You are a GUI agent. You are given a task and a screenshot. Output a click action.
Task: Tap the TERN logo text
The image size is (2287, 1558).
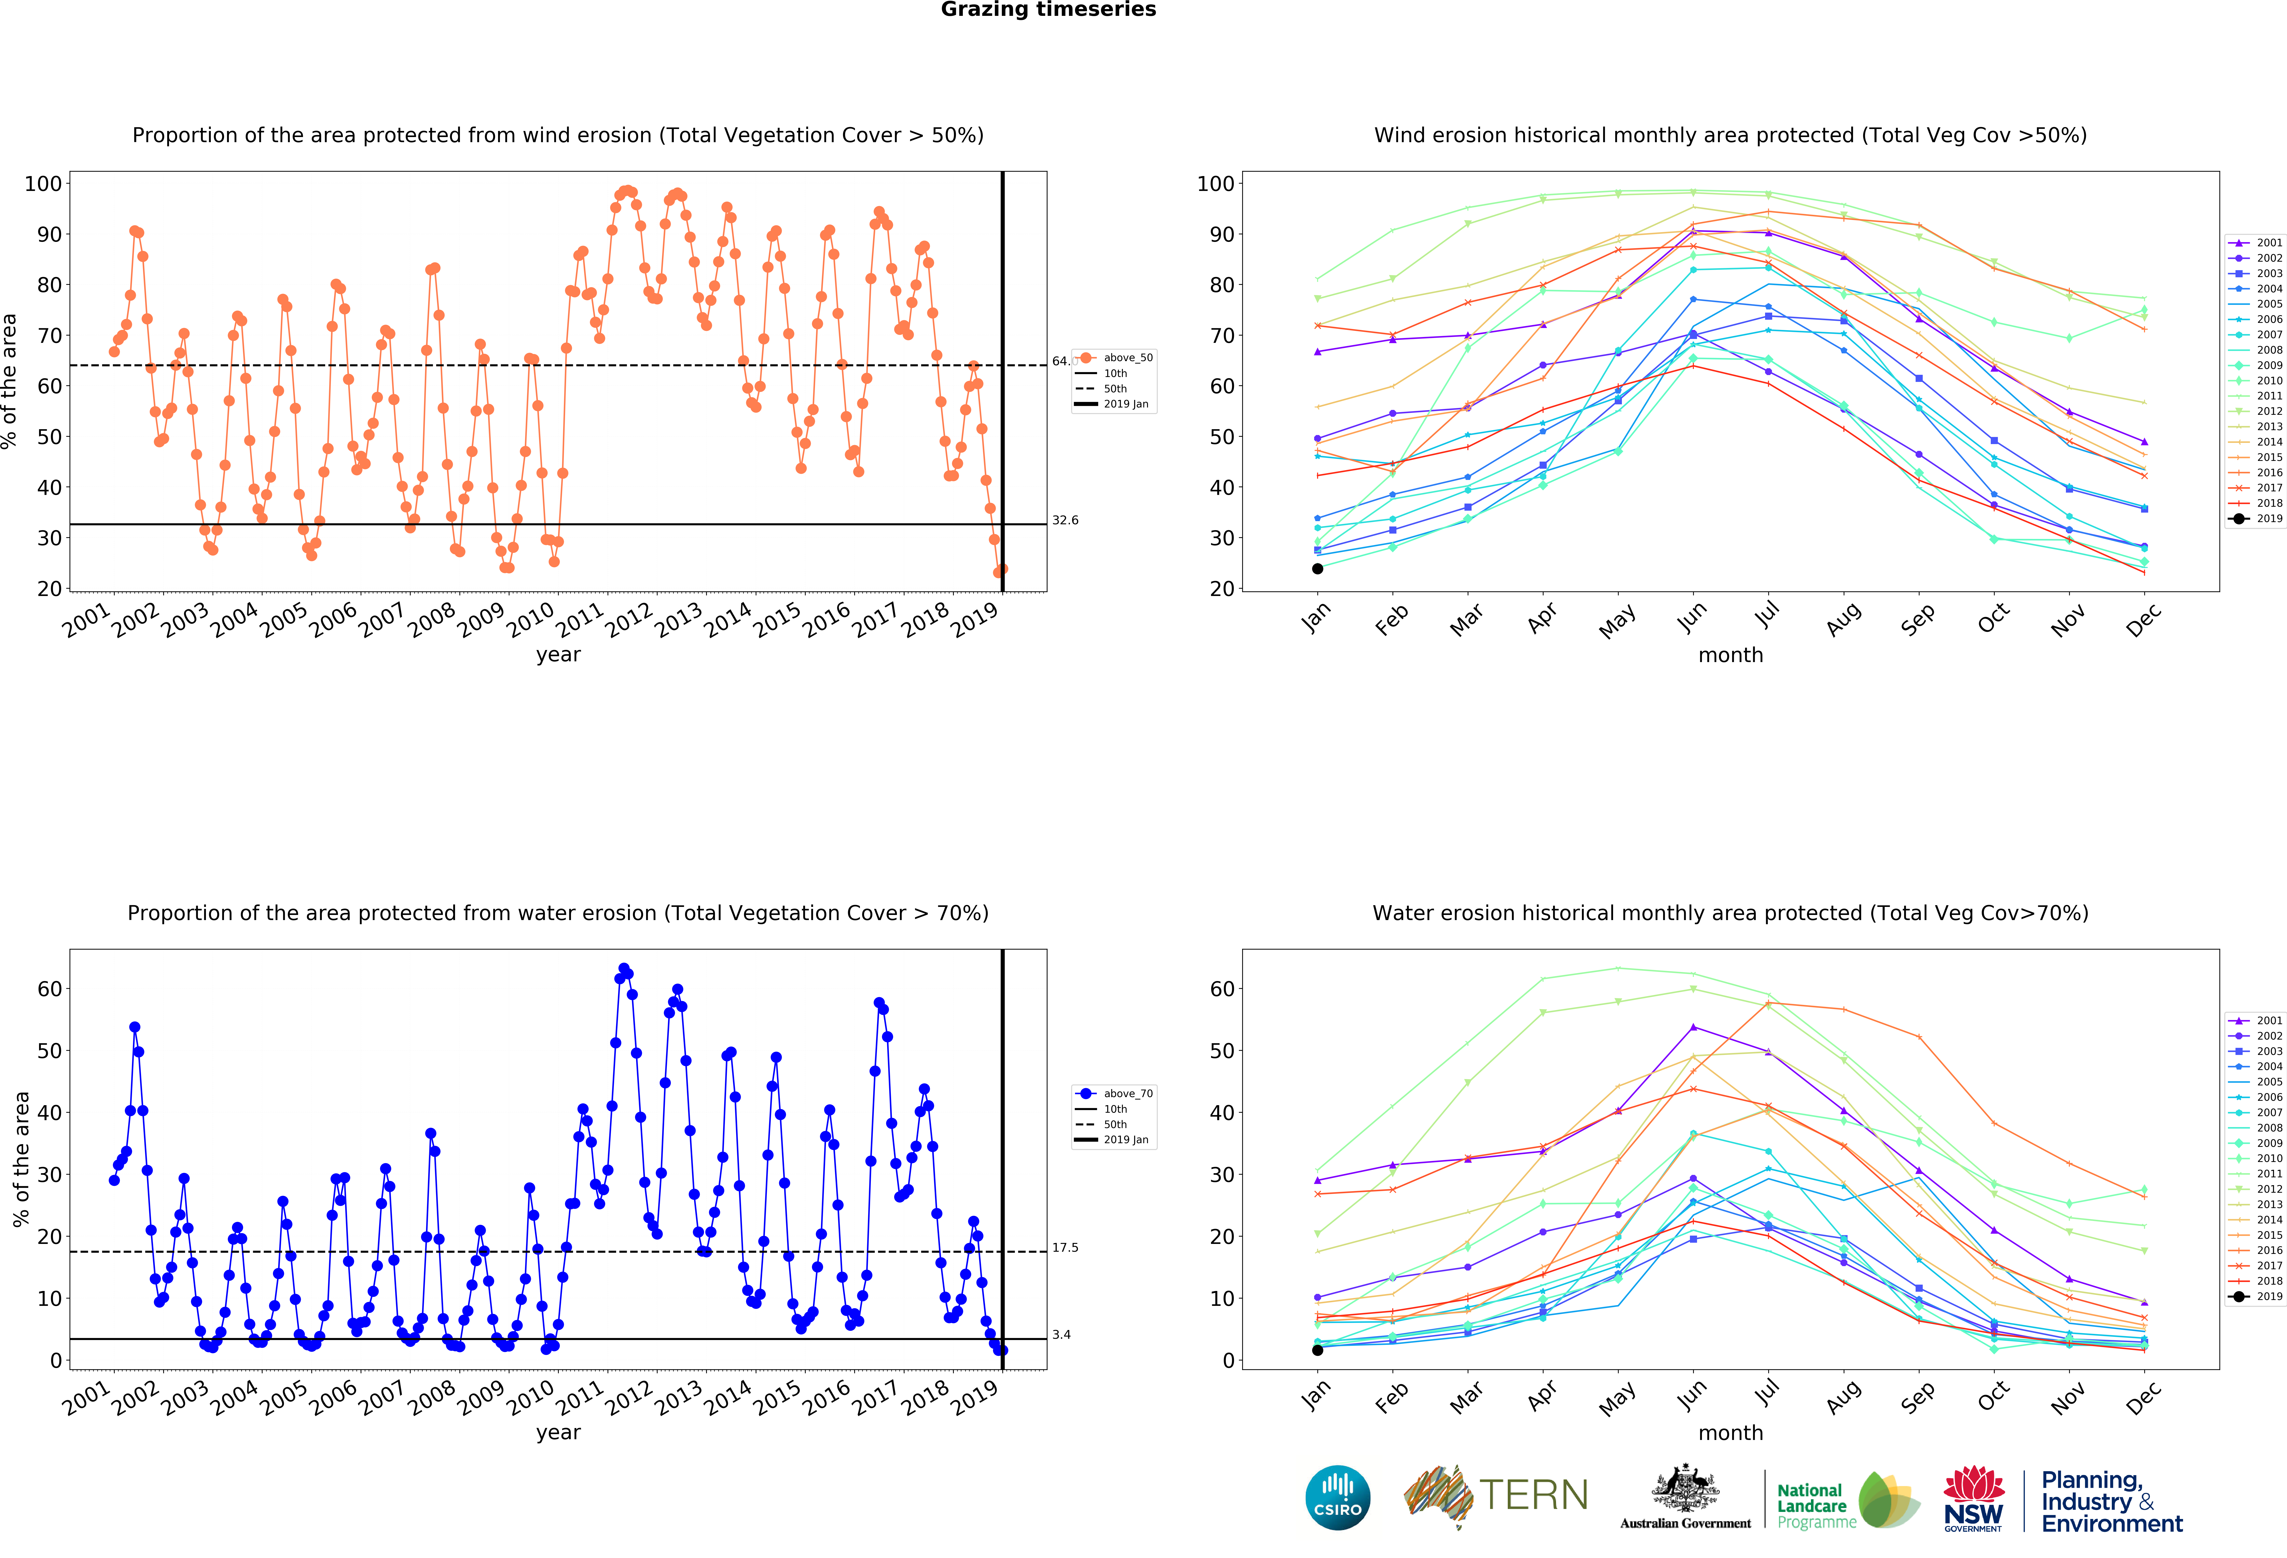click(x=1533, y=1495)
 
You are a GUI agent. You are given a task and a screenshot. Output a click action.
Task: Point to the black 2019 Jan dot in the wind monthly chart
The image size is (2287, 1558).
click(x=1318, y=568)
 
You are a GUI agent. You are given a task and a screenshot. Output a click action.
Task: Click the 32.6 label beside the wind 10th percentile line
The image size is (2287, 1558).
click(x=1065, y=520)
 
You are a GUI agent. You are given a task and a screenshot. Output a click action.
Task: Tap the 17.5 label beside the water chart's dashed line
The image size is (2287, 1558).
click(x=1065, y=1247)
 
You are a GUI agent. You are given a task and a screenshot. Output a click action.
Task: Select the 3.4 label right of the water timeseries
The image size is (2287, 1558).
click(x=1061, y=1335)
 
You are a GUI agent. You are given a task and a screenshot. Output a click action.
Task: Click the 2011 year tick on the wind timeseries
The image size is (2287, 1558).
click(x=581, y=620)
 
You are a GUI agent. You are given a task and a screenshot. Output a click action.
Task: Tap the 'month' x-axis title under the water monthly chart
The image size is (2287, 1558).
click(x=1730, y=1433)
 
